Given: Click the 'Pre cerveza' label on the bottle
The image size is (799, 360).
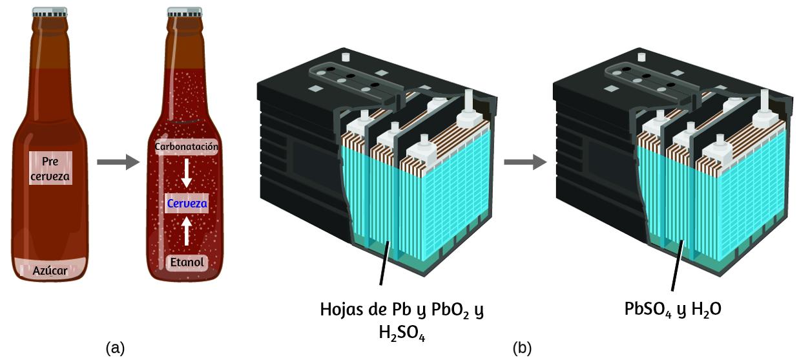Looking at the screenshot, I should click(x=50, y=167).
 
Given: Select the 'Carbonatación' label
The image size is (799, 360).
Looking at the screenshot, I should click(x=187, y=147).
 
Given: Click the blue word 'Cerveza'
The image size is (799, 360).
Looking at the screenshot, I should click(x=187, y=204).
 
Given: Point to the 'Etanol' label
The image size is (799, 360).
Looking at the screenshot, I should click(x=187, y=262).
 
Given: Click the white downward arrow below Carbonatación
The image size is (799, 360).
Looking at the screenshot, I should click(x=187, y=172).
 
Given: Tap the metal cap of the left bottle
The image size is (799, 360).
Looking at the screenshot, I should click(x=51, y=12).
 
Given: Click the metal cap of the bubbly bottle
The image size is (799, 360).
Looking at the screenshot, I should click(x=186, y=12).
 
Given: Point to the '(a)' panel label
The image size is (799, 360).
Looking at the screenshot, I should click(x=115, y=348).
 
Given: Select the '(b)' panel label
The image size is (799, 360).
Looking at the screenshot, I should click(x=522, y=348).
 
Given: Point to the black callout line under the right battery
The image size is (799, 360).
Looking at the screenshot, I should click(x=678, y=265).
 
